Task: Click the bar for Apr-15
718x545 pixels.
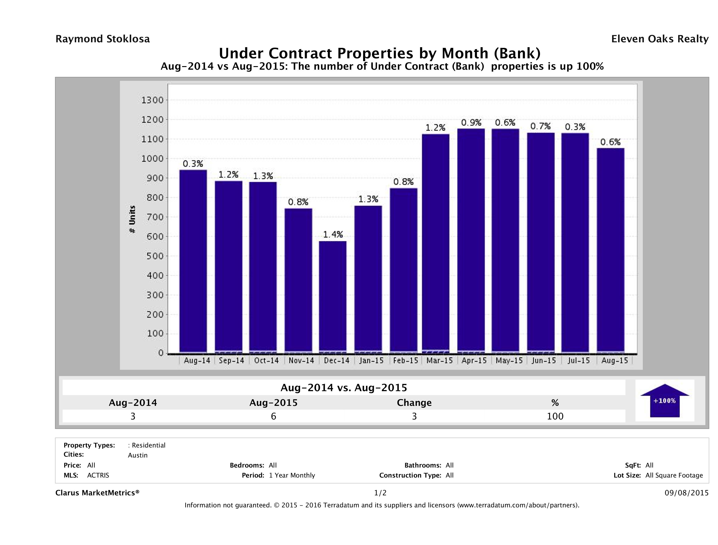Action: [x=471, y=240]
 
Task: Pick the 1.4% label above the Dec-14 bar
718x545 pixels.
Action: [x=333, y=234]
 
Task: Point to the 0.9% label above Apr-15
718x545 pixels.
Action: [x=471, y=122]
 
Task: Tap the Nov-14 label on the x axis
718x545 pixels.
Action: [x=301, y=360]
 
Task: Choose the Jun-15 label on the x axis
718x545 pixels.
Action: [x=544, y=360]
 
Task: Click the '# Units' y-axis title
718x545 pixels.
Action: [x=132, y=219]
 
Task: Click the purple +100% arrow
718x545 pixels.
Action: [x=664, y=401]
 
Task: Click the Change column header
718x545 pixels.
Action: [x=414, y=403]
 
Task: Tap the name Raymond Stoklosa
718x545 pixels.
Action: [x=103, y=39]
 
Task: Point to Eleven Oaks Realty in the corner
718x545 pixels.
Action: [x=659, y=39]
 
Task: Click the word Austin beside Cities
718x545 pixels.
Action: [x=138, y=455]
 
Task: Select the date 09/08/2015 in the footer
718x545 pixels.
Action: [x=686, y=493]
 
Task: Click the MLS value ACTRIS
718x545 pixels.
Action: [x=98, y=475]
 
